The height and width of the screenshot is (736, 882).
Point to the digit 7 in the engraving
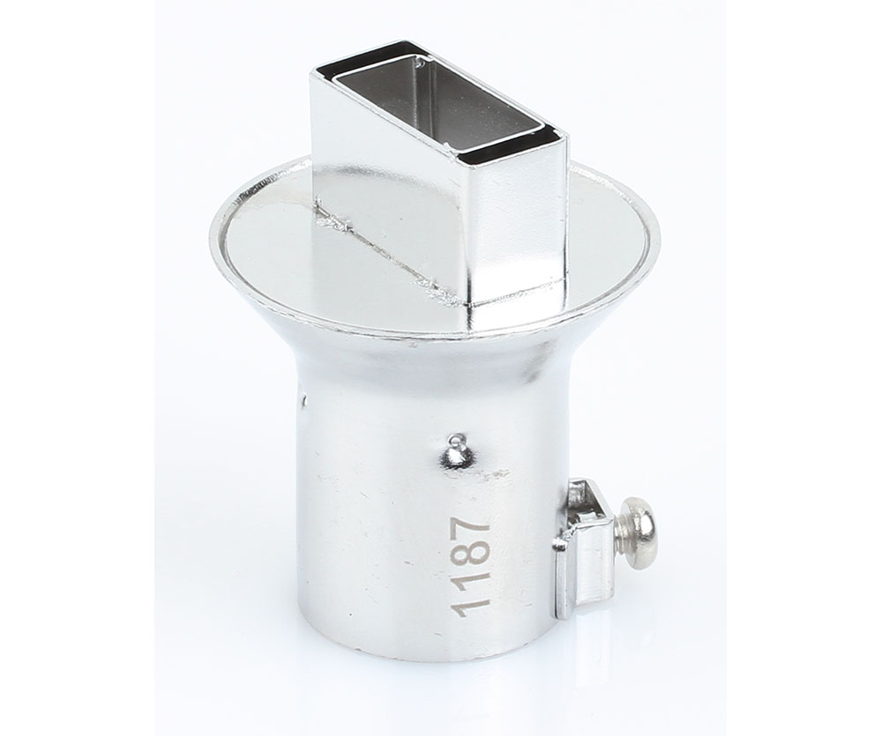[x=472, y=529]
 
